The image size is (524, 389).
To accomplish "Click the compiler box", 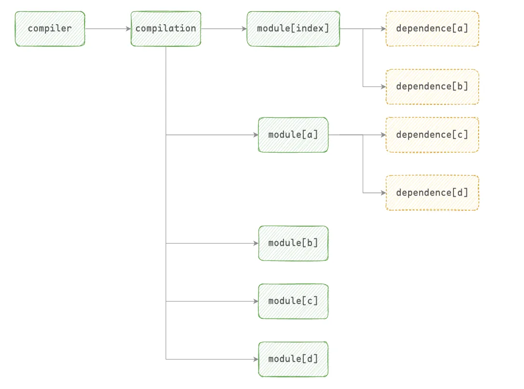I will [x=50, y=29].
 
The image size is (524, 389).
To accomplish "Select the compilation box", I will [x=166, y=29].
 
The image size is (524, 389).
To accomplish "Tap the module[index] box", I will [x=293, y=29].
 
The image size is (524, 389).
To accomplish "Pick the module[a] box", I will [x=293, y=135].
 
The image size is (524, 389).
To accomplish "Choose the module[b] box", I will [x=293, y=243].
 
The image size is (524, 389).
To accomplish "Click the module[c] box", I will [x=293, y=301].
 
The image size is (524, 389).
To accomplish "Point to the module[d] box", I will [x=293, y=359].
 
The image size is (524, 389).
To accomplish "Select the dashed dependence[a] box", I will [x=432, y=29].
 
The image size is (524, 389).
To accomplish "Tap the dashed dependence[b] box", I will [x=432, y=86].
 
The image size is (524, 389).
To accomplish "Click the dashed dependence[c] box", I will [x=432, y=135].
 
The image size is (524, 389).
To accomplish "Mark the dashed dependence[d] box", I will [x=432, y=193].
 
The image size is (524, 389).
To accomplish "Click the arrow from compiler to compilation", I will [x=108, y=29].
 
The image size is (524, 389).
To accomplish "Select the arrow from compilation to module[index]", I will [x=224, y=29].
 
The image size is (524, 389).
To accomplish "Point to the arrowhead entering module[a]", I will [x=256, y=135].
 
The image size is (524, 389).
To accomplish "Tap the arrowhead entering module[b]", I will [x=256, y=243].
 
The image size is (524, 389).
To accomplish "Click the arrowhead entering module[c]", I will [x=256, y=301].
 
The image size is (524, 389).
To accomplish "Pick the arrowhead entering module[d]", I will [x=256, y=359].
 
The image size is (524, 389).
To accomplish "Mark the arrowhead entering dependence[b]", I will [x=383, y=86].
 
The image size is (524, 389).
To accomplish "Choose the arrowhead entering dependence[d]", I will [x=383, y=193].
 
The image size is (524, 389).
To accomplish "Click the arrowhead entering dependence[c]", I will [x=383, y=135].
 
